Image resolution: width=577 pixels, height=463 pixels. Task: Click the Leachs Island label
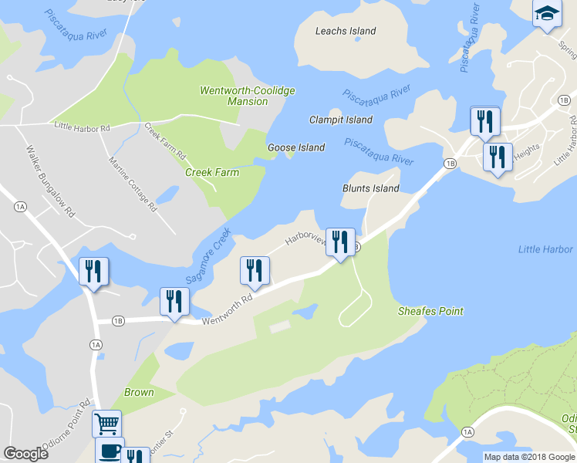tap(346, 31)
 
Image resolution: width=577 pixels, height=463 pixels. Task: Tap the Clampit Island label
tap(341, 120)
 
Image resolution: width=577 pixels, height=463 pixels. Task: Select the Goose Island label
tap(296, 147)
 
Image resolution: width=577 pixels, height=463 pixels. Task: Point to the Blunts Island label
tap(371, 188)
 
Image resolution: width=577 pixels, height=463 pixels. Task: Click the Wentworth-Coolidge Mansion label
tap(248, 96)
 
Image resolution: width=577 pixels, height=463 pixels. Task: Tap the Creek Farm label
tap(212, 172)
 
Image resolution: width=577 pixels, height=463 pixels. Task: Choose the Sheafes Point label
tap(430, 311)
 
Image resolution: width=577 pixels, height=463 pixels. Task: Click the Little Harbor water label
tap(546, 249)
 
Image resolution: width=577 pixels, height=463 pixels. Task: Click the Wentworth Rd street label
tap(228, 309)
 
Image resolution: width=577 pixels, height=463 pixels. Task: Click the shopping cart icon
tap(106, 423)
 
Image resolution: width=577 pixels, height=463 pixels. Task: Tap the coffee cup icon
tap(109, 449)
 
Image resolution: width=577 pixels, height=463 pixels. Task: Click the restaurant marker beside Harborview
tap(339, 242)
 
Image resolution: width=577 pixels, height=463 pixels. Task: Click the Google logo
tap(25, 454)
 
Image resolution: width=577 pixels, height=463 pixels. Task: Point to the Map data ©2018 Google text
tap(529, 457)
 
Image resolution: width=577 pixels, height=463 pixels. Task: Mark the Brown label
tap(139, 392)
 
